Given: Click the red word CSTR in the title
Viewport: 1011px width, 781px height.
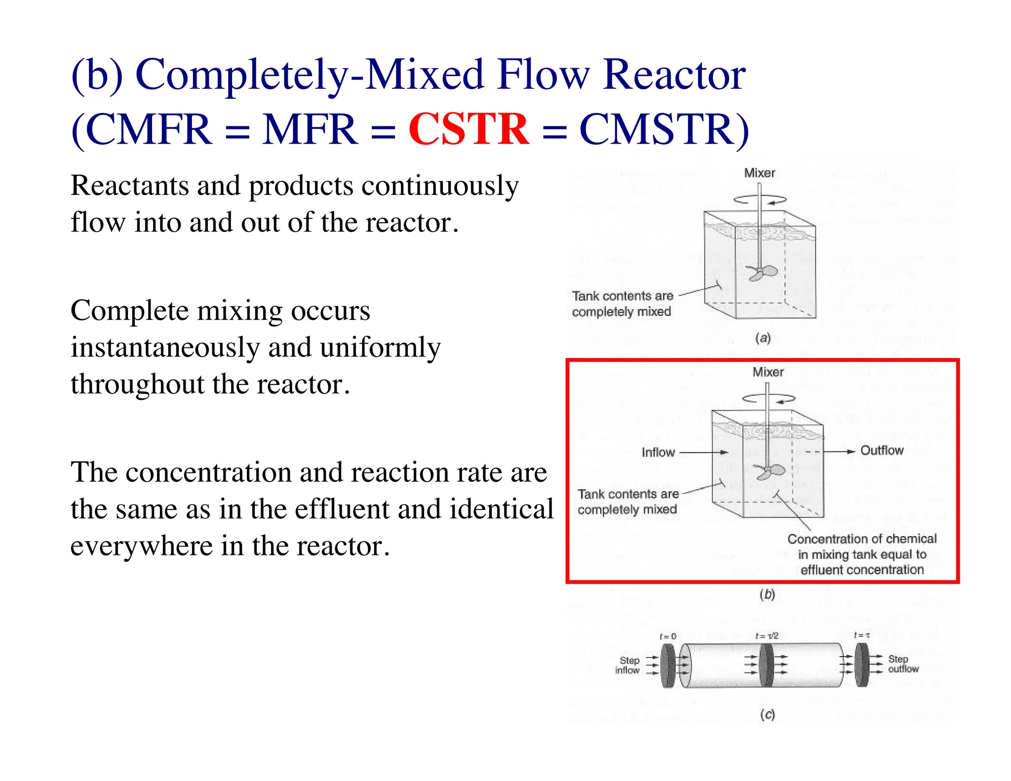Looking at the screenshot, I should [x=468, y=129].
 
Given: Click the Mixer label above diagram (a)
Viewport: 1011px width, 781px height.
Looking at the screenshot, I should [x=759, y=173].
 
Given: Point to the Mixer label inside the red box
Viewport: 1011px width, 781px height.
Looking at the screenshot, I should [x=768, y=372].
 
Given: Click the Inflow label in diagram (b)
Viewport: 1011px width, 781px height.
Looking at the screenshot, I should [x=658, y=452].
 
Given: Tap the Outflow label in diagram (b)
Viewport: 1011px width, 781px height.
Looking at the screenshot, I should [x=882, y=450].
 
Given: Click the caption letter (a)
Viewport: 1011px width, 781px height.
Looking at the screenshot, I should [x=763, y=338].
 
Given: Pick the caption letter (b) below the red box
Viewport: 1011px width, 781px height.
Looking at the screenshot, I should [x=767, y=594].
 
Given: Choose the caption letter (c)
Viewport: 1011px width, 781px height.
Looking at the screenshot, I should [x=767, y=714].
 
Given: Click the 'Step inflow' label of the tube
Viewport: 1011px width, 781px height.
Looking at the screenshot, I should [x=628, y=665].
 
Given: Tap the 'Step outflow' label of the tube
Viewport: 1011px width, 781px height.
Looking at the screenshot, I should [x=903, y=664].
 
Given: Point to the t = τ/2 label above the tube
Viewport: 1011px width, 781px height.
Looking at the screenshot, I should [x=766, y=636].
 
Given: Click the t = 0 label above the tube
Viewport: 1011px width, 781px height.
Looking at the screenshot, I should [x=667, y=636].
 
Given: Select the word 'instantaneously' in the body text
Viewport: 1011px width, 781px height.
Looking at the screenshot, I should [x=165, y=348].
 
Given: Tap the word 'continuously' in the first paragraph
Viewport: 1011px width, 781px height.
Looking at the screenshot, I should [x=440, y=186].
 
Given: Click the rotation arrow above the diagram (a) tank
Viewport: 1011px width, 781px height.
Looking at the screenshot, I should [x=760, y=200].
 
